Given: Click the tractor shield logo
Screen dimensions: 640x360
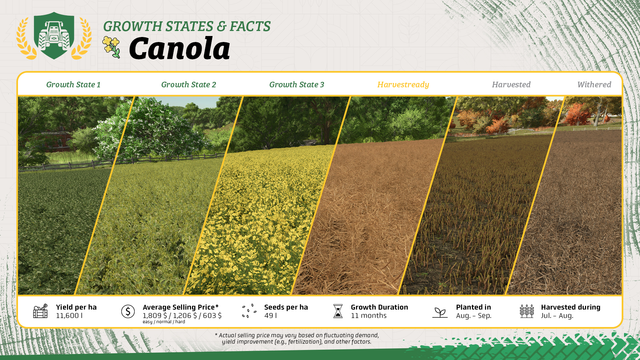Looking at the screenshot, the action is click(x=54, y=36).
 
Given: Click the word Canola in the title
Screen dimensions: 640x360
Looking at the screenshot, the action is click(x=180, y=48).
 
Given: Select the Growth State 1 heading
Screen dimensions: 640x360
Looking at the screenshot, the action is click(x=73, y=85).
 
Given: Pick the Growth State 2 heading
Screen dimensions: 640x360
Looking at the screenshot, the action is click(x=189, y=85).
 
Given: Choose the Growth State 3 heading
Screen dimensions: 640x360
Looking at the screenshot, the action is click(x=297, y=85).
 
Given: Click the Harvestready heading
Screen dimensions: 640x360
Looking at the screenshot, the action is click(x=403, y=85).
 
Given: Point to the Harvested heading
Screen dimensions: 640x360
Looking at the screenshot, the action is click(x=511, y=85).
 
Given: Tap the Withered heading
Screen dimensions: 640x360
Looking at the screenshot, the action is click(x=594, y=85).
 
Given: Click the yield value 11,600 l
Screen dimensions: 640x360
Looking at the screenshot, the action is click(x=69, y=316).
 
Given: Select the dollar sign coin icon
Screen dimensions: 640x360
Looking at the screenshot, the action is click(x=128, y=311).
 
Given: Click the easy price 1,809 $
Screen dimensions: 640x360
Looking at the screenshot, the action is click(x=155, y=316).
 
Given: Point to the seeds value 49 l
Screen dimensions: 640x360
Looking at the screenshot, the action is click(x=271, y=316).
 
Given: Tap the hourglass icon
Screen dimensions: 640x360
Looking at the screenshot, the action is click(x=338, y=311).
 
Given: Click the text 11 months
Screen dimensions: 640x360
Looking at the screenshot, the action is click(x=369, y=316).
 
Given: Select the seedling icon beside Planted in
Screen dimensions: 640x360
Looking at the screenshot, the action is click(x=440, y=312).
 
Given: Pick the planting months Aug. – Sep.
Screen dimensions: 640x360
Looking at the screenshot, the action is click(x=474, y=316).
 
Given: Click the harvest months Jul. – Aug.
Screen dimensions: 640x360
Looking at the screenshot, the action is click(x=557, y=316).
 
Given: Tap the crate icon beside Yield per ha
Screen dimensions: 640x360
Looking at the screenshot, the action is click(x=40, y=311).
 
